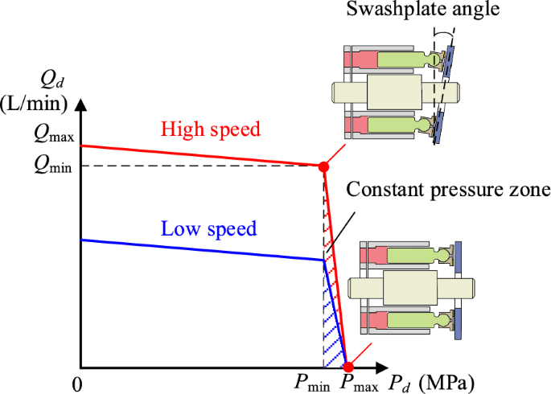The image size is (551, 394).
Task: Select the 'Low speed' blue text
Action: point(208,228)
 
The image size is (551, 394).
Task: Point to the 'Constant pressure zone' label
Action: point(447,191)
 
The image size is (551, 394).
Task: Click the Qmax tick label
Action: point(54,136)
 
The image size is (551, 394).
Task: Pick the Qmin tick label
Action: point(54,166)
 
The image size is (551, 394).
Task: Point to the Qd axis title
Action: point(50,80)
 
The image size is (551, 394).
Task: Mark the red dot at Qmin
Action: point(323,166)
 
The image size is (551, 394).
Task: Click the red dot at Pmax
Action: point(347,366)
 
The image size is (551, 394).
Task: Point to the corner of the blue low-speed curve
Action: point(323,259)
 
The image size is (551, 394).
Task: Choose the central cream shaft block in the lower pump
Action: point(407,287)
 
